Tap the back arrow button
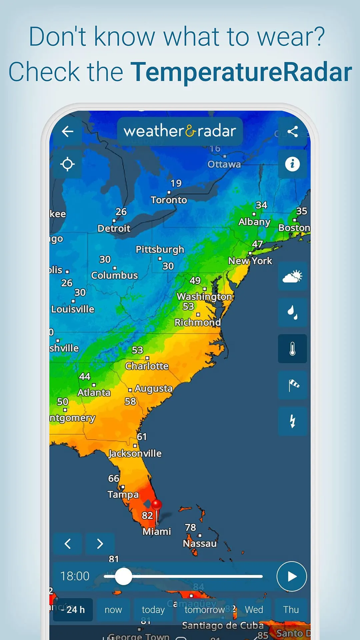tap(68, 131)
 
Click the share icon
tap(292, 131)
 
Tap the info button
tap(292, 164)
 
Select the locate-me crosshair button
tap(68, 164)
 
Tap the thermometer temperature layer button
tap(292, 349)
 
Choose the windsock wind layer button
tap(292, 385)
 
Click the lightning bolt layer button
tap(292, 421)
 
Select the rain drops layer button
tap(292, 312)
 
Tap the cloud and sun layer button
tap(292, 276)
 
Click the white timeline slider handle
tap(123, 576)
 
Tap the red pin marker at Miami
tap(156, 505)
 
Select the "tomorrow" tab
tap(205, 610)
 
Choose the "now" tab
tap(113, 610)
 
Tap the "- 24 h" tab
tap(73, 610)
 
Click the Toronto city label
tap(169, 200)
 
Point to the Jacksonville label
tap(135, 453)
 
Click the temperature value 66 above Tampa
tap(114, 478)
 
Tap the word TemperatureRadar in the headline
tap(241, 72)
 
